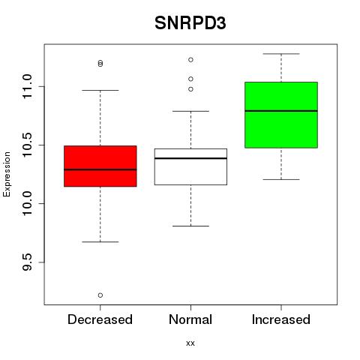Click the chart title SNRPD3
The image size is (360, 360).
coord(190,23)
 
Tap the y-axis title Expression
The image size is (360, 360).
coord(7,174)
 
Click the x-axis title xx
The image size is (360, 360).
coord(190,343)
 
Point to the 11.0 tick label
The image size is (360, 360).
coord(27,86)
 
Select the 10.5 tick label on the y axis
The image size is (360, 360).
coord(27,145)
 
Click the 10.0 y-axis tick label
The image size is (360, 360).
coord(27,203)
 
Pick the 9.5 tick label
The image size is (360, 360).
coord(27,262)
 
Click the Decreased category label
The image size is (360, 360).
coord(100,319)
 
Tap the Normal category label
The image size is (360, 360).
coord(190,319)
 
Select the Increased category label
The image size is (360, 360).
coord(281,319)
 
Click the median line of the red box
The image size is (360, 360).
coord(100,169)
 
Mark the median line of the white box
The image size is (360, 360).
coord(190,158)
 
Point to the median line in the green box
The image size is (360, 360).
coord(281,111)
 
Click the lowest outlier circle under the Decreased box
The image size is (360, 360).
coord(100,295)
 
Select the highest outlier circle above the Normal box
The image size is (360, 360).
coord(190,60)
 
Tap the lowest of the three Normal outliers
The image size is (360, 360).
coord(190,89)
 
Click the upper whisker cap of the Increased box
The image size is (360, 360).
coord(281,54)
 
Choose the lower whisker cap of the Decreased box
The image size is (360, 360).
coord(100,241)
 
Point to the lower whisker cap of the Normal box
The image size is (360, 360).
coord(190,226)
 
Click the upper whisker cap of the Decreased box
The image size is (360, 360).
coord(100,90)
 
